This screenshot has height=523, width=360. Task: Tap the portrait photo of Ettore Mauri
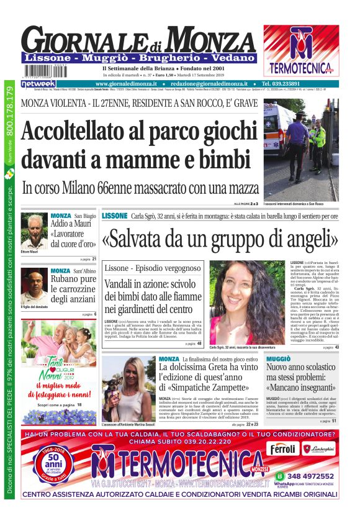pyautogui.click(x=34, y=231)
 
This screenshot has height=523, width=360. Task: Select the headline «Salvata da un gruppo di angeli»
pyautogui.click(x=220, y=239)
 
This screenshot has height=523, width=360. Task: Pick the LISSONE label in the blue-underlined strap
pyautogui.click(x=115, y=216)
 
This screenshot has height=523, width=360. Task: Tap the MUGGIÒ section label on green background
pyautogui.click(x=278, y=360)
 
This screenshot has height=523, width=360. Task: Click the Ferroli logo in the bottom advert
pyautogui.click(x=283, y=448)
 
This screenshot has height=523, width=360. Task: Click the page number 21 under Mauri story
pyautogui.click(x=94, y=258)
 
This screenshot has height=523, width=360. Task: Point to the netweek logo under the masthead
pyautogui.click(x=38, y=84)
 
